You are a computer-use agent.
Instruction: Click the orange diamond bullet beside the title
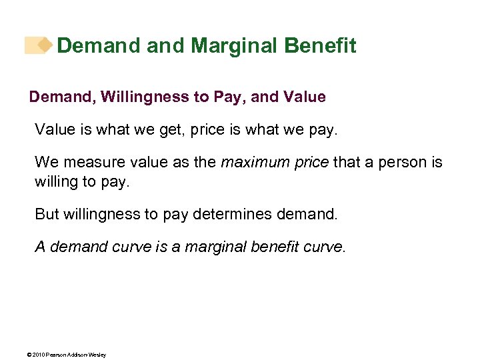click(45, 45)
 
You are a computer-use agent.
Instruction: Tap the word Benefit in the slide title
click(320, 46)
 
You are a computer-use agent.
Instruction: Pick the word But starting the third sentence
click(47, 215)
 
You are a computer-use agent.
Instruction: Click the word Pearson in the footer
click(56, 355)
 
